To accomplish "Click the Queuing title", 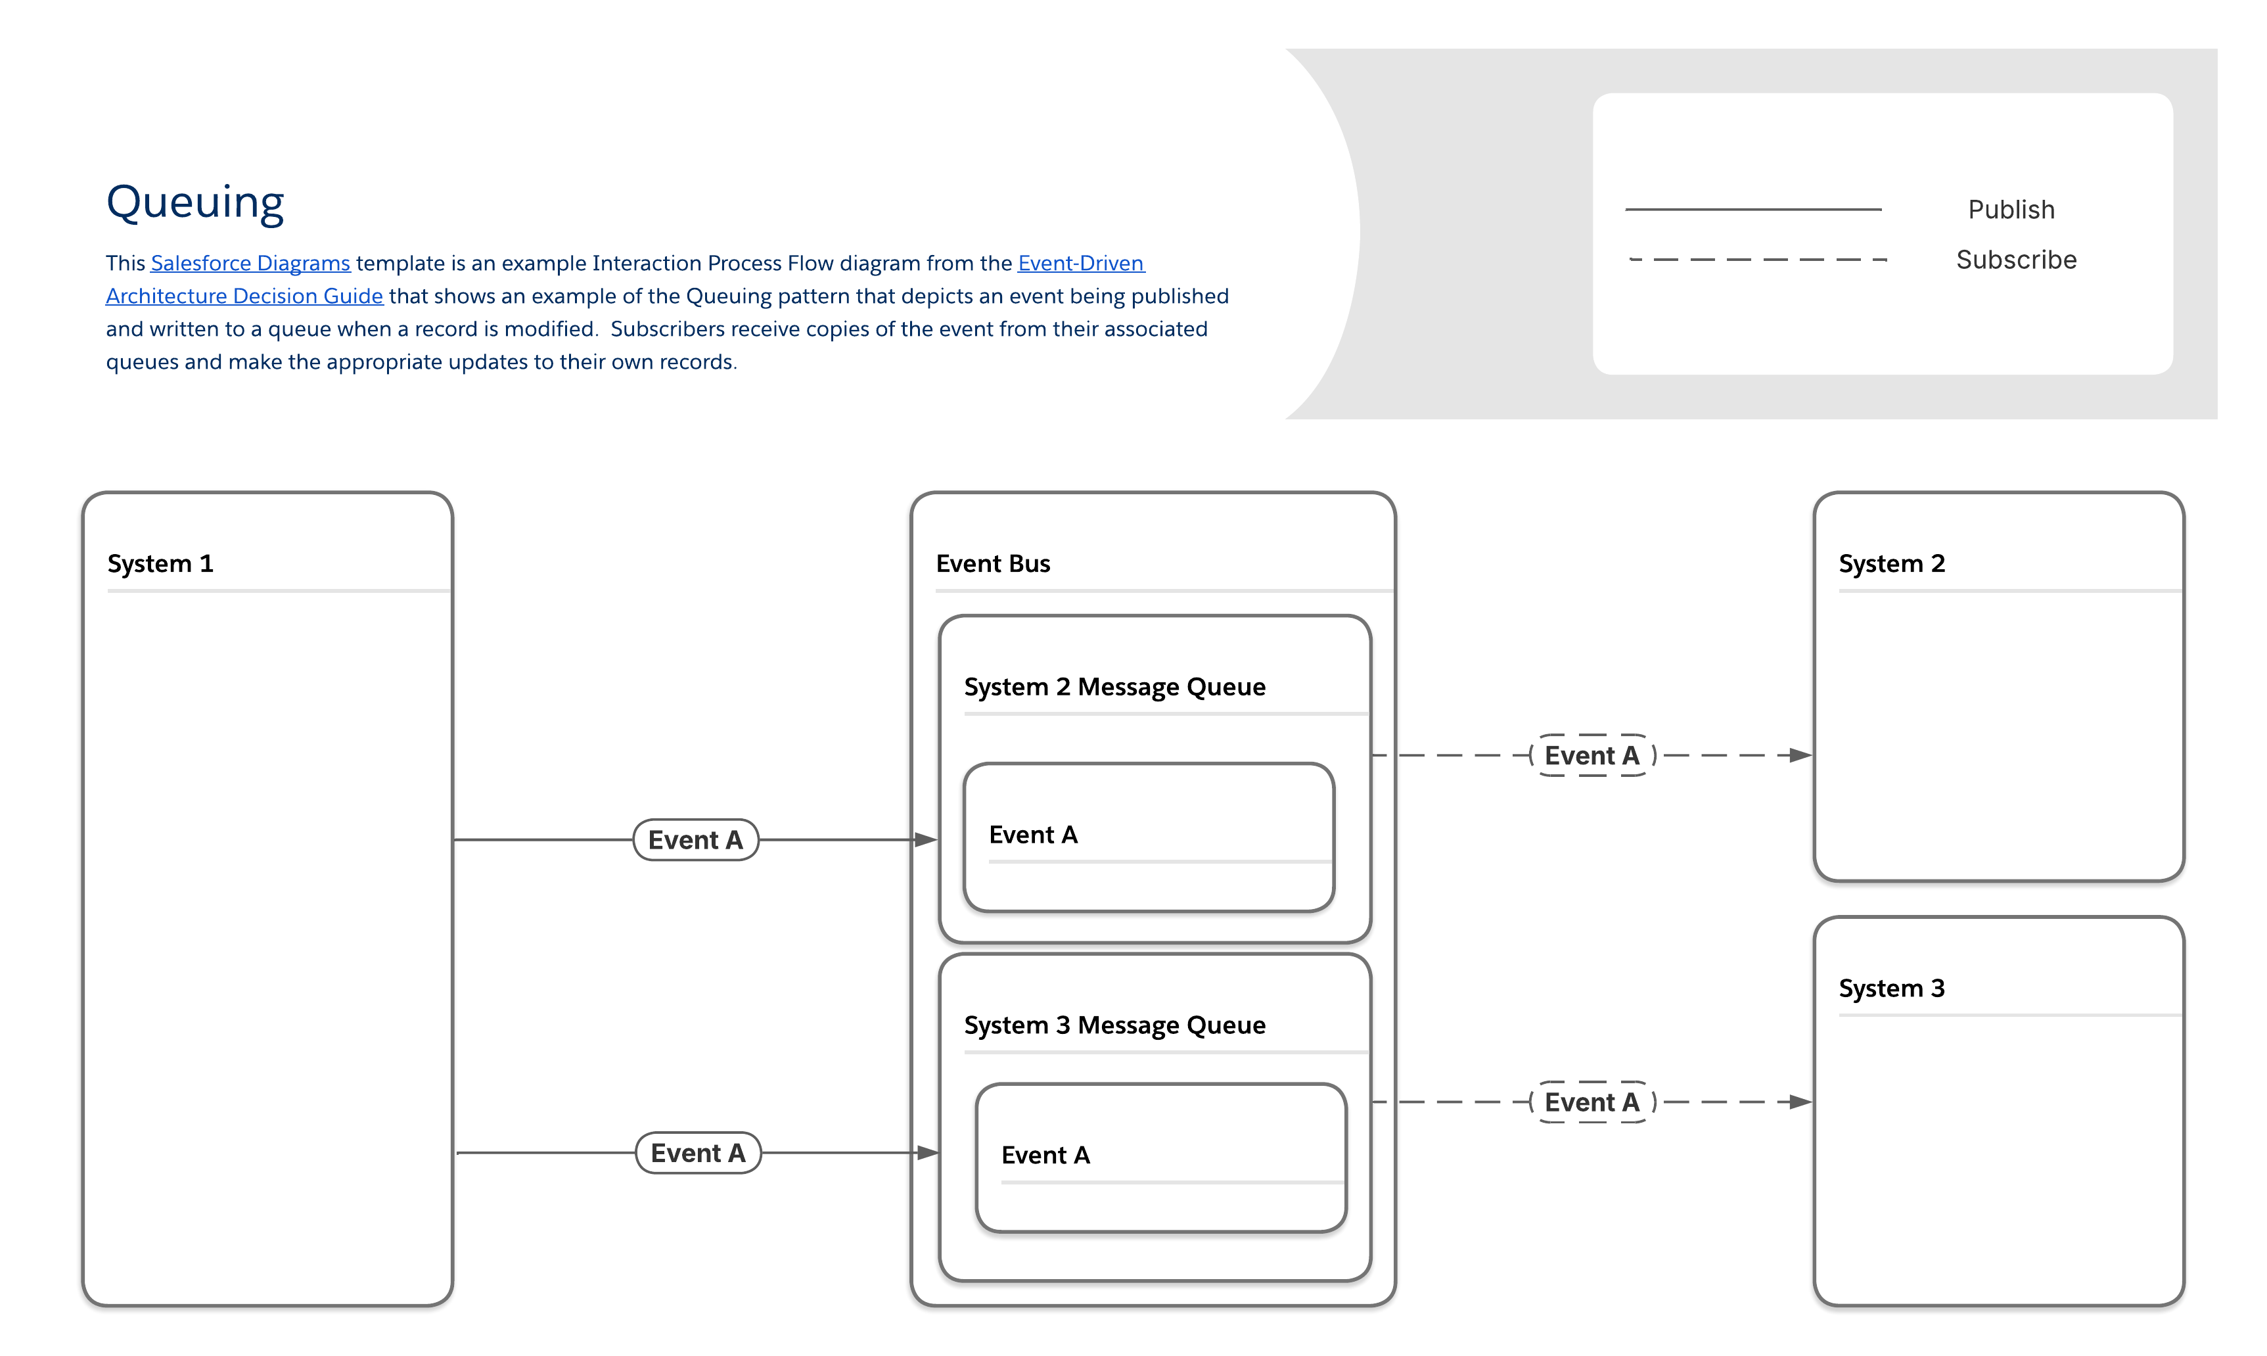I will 195,202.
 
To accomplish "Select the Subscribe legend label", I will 2016,260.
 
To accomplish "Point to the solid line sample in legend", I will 1752,209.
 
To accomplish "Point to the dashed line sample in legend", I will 1757,260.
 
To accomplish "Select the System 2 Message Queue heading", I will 1114,686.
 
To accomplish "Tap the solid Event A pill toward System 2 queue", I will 695,840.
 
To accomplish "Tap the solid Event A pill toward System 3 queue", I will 698,1153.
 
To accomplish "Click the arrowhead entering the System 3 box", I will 1799,1102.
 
